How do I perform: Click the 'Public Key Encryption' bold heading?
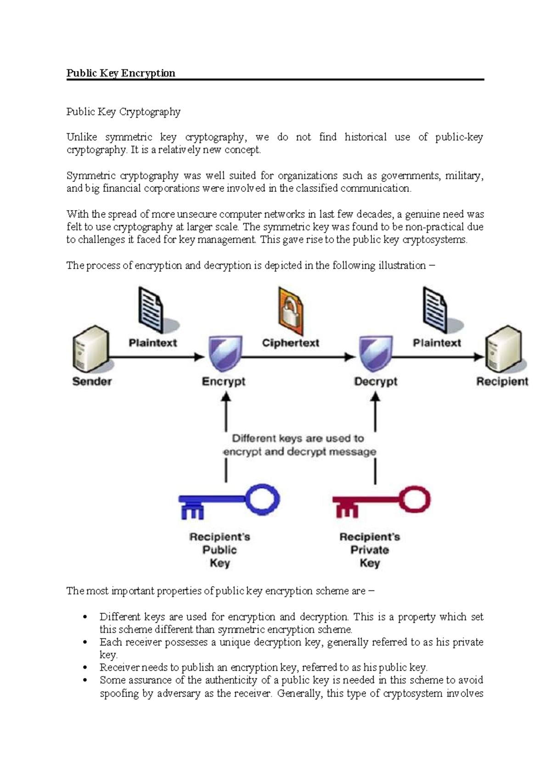121,73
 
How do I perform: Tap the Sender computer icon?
90,349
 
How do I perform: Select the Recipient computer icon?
504,349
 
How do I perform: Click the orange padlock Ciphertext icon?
290,311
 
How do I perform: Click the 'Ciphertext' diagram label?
290,343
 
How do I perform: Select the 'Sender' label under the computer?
92,381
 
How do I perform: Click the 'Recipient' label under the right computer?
502,381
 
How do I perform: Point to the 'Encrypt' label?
224,381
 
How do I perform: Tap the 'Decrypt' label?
376,381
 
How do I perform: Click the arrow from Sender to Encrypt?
156,356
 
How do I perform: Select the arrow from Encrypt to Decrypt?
298,356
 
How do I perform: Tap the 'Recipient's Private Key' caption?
370,550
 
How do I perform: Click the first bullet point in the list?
85,617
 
